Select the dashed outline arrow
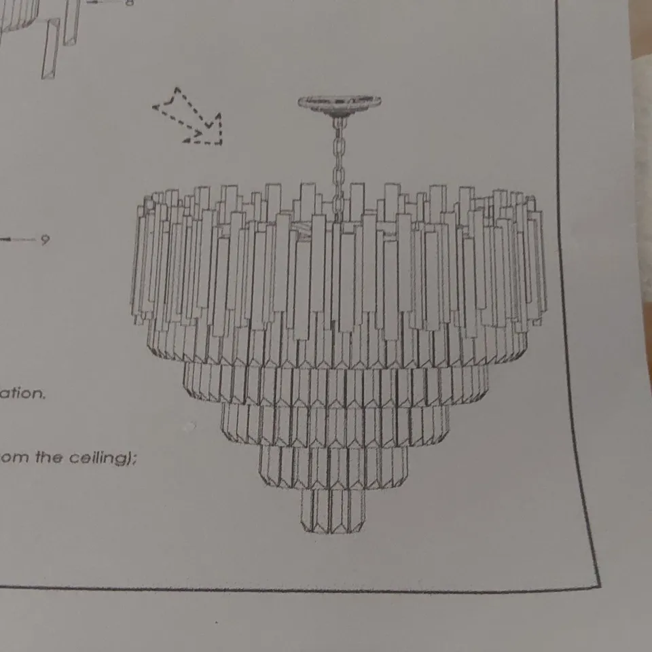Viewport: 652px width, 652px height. tap(190, 117)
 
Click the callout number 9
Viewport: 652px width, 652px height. tap(45, 239)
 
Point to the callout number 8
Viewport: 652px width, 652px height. tap(129, 2)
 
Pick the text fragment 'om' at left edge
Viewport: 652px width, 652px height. tap(12, 457)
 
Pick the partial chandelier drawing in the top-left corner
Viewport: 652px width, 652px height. tap(41, 34)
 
